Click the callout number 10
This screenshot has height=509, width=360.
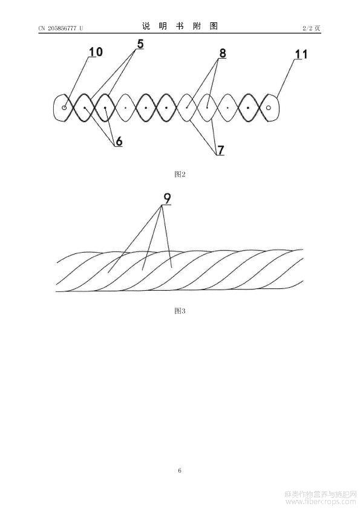click(x=96, y=51)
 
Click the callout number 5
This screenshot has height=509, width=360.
click(x=140, y=44)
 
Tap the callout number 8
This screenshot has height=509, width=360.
click(x=222, y=53)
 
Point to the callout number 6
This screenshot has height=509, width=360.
click(x=119, y=141)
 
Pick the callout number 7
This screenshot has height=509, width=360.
click(x=221, y=150)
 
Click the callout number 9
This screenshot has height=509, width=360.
click(x=166, y=199)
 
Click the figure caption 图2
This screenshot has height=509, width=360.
click(x=180, y=174)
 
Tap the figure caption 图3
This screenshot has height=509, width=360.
click(x=180, y=311)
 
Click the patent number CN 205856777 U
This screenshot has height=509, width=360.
click(x=61, y=28)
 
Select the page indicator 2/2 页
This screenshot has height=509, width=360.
click(x=311, y=28)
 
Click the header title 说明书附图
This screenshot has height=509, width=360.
click(x=180, y=26)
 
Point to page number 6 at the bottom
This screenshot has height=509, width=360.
click(x=180, y=470)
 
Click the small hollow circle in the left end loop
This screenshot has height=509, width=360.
click(x=64, y=108)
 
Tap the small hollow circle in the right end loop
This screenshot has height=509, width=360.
click(x=269, y=108)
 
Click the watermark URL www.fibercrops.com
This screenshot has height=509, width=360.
click(x=320, y=502)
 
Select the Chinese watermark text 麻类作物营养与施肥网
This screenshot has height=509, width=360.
click(x=320, y=494)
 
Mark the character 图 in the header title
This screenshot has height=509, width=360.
click(x=214, y=26)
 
